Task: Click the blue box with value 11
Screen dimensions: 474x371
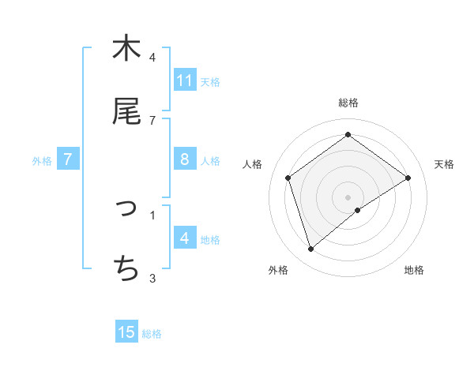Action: click(185, 81)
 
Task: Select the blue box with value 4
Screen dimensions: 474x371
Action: click(185, 238)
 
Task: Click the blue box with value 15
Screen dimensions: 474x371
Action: click(126, 332)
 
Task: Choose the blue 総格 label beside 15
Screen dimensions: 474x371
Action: click(152, 334)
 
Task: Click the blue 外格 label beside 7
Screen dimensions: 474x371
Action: click(42, 161)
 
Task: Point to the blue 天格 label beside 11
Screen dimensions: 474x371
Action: click(210, 81)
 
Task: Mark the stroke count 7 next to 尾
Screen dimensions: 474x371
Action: click(152, 121)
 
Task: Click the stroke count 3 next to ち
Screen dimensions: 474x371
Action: click(152, 278)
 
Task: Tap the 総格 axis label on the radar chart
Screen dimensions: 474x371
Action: click(348, 103)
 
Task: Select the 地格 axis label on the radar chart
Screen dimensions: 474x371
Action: click(414, 271)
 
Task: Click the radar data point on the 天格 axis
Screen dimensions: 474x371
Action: click(408, 178)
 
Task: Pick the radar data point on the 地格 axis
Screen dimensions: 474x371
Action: click(358, 210)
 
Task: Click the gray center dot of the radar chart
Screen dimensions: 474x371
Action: click(348, 197)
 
